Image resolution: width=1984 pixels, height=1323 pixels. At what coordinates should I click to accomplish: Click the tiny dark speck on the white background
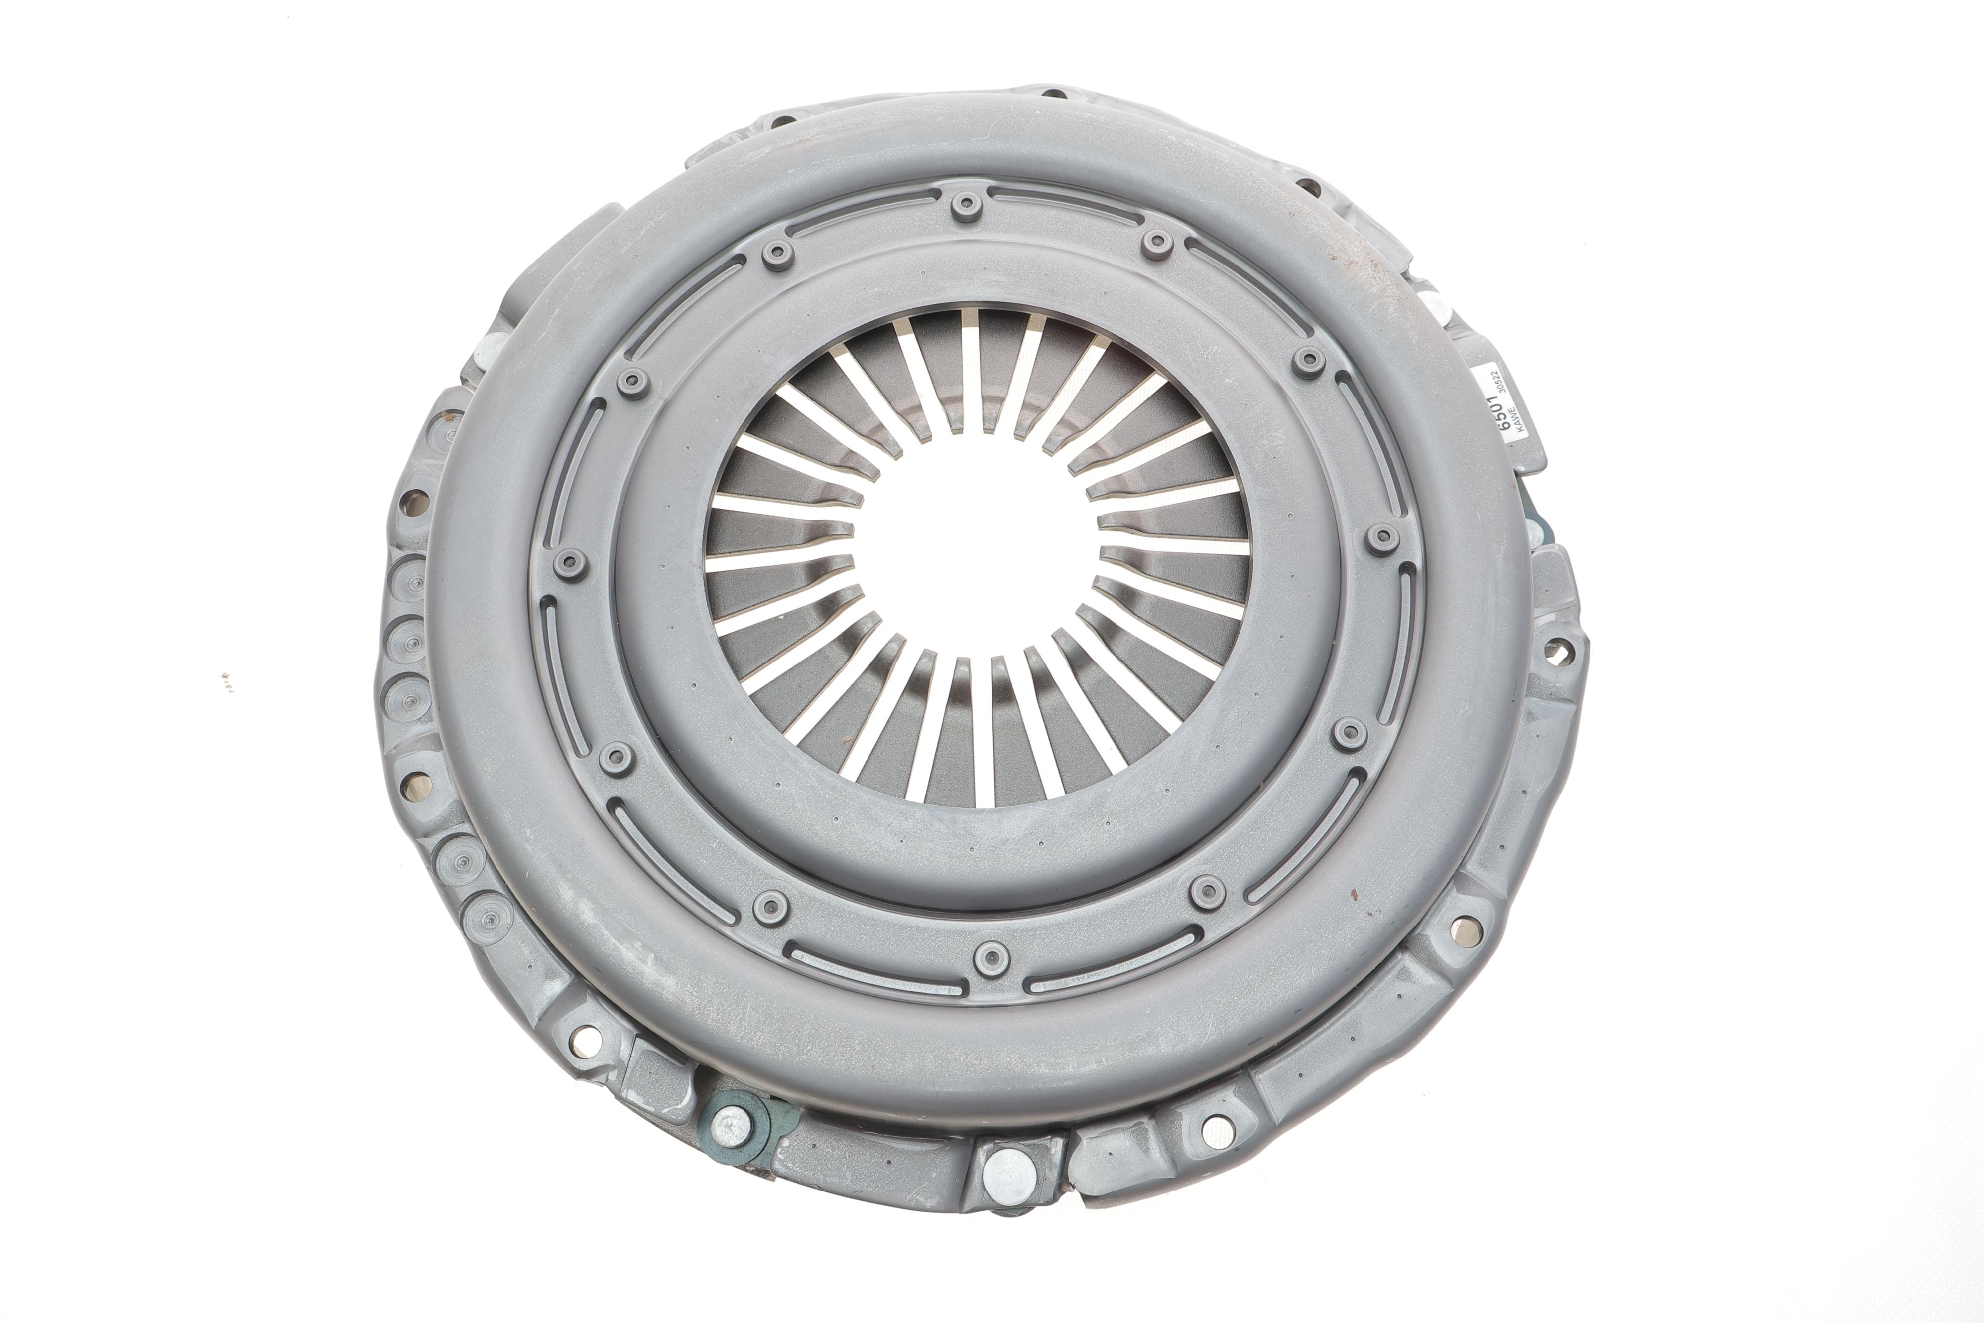(x=226, y=679)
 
